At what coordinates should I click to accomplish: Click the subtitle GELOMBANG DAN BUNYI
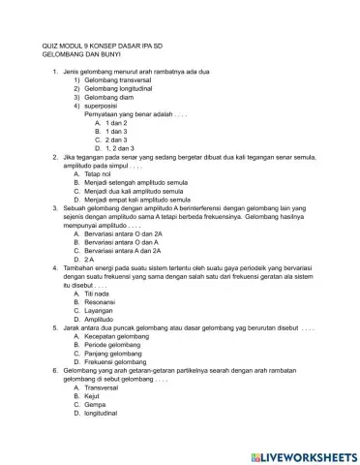[83, 56]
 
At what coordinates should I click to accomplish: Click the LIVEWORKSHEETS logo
[304, 454]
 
